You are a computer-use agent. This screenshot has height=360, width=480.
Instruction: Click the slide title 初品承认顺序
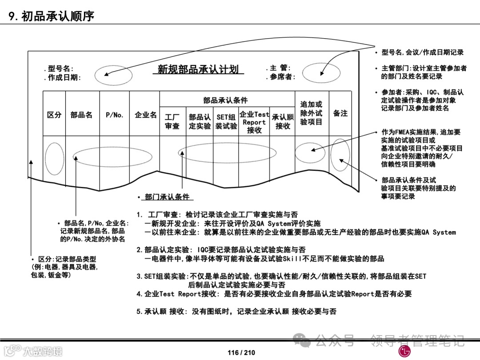[52, 16]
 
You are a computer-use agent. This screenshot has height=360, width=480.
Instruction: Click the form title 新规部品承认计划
[198, 69]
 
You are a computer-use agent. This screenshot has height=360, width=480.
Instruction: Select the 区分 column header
[54, 115]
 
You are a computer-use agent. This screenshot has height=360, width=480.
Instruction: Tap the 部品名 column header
[81, 115]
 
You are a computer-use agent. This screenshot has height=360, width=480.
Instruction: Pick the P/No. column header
[114, 115]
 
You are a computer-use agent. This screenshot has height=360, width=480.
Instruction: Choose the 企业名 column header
[146, 115]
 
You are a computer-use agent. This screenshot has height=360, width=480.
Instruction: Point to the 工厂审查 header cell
[172, 122]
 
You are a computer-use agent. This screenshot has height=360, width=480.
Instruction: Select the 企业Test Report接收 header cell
[254, 122]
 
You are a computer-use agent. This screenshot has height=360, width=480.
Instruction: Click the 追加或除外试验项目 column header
[311, 113]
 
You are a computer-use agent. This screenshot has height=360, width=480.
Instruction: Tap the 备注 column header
[340, 113]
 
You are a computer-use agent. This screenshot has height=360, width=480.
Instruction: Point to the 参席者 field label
[280, 77]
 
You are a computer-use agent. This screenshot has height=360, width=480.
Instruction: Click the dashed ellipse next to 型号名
[113, 74]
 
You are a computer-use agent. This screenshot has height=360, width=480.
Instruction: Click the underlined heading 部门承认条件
[167, 197]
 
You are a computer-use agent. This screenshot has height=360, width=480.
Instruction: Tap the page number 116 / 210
[241, 352]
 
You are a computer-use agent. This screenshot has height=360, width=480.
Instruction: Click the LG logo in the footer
[405, 351]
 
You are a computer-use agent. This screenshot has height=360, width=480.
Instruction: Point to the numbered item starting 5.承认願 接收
[236, 312]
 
